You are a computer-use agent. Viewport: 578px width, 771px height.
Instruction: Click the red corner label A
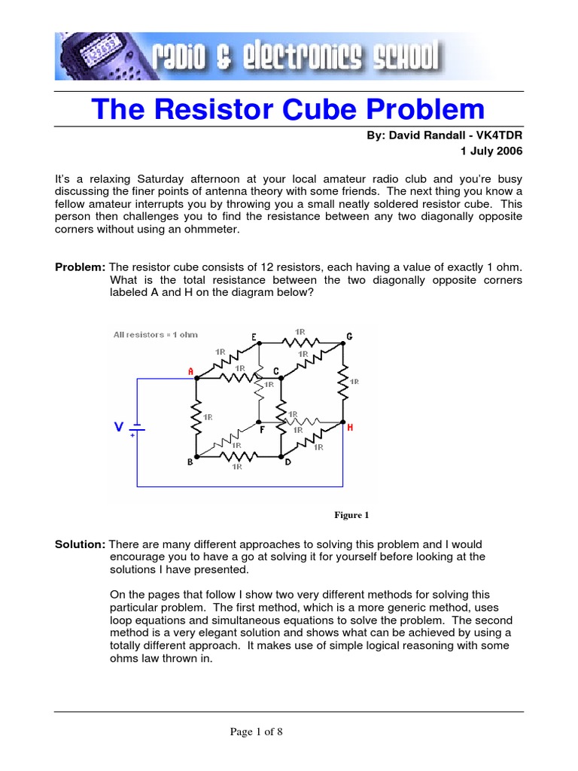[190, 370]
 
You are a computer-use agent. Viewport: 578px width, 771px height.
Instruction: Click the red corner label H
[349, 428]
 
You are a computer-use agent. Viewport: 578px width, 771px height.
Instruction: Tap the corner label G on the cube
[348, 336]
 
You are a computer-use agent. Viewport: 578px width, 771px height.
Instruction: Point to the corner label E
[254, 336]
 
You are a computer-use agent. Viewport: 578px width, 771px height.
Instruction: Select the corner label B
[190, 463]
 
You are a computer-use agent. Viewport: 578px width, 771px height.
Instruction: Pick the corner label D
[287, 462]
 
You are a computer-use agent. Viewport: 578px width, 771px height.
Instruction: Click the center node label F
[262, 430]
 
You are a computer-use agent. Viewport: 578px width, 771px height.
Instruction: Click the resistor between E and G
[300, 342]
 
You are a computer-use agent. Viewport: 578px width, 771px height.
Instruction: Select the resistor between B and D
[238, 456]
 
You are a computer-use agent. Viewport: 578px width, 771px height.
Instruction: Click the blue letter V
[119, 428]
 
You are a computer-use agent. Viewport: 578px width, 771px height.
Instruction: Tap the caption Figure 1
[351, 516]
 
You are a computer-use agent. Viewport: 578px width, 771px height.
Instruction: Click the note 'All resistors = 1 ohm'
[155, 334]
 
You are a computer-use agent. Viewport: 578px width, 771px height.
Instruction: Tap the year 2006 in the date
[509, 151]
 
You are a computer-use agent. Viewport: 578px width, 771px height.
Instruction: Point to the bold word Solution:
[81, 544]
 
